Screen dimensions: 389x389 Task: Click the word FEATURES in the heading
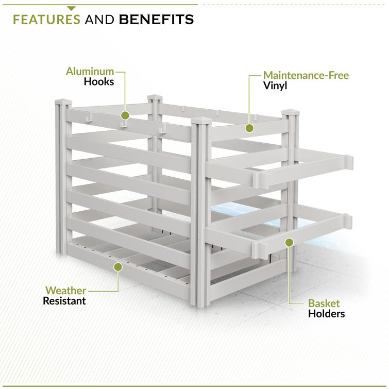[47, 20]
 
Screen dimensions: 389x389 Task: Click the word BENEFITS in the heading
[156, 20]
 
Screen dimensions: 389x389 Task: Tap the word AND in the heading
[99, 20]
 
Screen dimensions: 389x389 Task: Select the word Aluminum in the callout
[90, 72]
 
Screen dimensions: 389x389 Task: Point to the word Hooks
[99, 81]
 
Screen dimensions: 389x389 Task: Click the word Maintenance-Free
[306, 75]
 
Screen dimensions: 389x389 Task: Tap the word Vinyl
[275, 86]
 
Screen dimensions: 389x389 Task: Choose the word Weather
[66, 290]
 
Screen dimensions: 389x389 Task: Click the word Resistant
[64, 301]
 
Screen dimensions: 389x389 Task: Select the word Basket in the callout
[324, 303]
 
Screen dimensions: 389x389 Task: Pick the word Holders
[327, 314]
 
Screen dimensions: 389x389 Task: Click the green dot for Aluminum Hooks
[125, 115]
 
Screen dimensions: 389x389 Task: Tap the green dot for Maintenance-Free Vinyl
[249, 128]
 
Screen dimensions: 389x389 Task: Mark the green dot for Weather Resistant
[118, 267]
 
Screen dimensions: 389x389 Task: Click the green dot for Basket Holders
[289, 242]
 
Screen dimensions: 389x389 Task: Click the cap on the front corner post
[201, 121]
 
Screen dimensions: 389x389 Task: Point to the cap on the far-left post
[63, 102]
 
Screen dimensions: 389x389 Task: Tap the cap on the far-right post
[290, 112]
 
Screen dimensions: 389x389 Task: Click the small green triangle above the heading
[71, 9]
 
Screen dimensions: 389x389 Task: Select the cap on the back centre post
[155, 97]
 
